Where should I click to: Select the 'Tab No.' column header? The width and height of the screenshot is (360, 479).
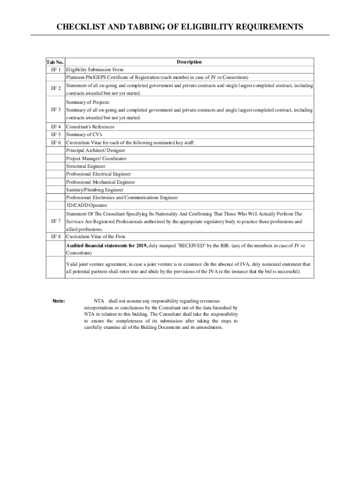click(55, 62)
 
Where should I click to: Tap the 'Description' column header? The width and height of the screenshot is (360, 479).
click(189, 62)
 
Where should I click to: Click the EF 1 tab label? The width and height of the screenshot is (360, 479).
click(55, 70)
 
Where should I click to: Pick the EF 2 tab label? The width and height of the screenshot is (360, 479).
click(55, 88)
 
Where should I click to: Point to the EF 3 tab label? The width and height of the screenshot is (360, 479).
click(55, 110)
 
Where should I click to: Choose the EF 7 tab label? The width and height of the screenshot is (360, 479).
click(55, 221)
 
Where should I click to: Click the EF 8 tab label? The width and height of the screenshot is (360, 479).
click(55, 237)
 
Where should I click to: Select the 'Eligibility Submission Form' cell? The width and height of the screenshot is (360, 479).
click(95, 70)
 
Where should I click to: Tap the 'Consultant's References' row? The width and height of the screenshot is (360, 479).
click(90, 127)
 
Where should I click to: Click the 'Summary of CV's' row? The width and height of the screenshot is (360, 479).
click(84, 135)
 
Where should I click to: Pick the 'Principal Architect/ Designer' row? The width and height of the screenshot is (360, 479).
click(96, 151)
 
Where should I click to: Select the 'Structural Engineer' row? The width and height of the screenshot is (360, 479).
click(86, 166)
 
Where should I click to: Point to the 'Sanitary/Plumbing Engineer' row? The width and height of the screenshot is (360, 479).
click(95, 190)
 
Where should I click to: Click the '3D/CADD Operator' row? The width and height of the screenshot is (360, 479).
click(86, 205)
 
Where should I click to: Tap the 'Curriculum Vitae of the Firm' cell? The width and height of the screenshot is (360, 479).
click(95, 237)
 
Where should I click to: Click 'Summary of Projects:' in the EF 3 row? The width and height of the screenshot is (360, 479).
click(88, 102)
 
